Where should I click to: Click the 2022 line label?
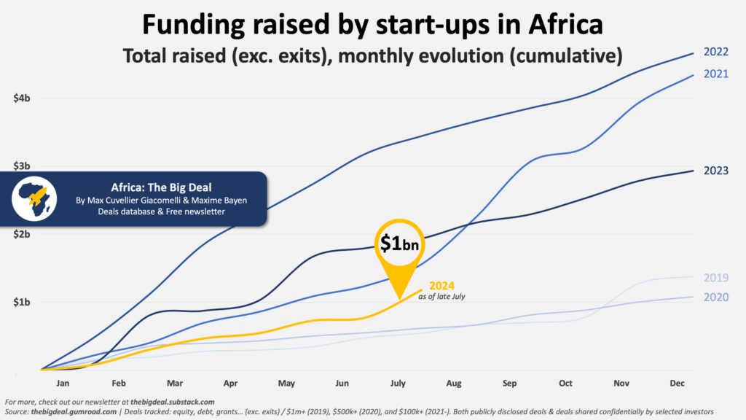coord(715,52)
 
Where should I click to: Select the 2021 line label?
coord(715,74)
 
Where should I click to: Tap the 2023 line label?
coord(716,171)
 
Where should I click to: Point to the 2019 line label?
coord(716,278)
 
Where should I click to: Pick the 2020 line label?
coord(716,297)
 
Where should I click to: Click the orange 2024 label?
coord(442,285)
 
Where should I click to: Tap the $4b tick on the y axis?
coord(21,98)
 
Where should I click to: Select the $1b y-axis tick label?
coord(21,302)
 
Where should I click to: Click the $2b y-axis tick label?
coord(21,234)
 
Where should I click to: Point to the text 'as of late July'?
coord(441,297)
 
